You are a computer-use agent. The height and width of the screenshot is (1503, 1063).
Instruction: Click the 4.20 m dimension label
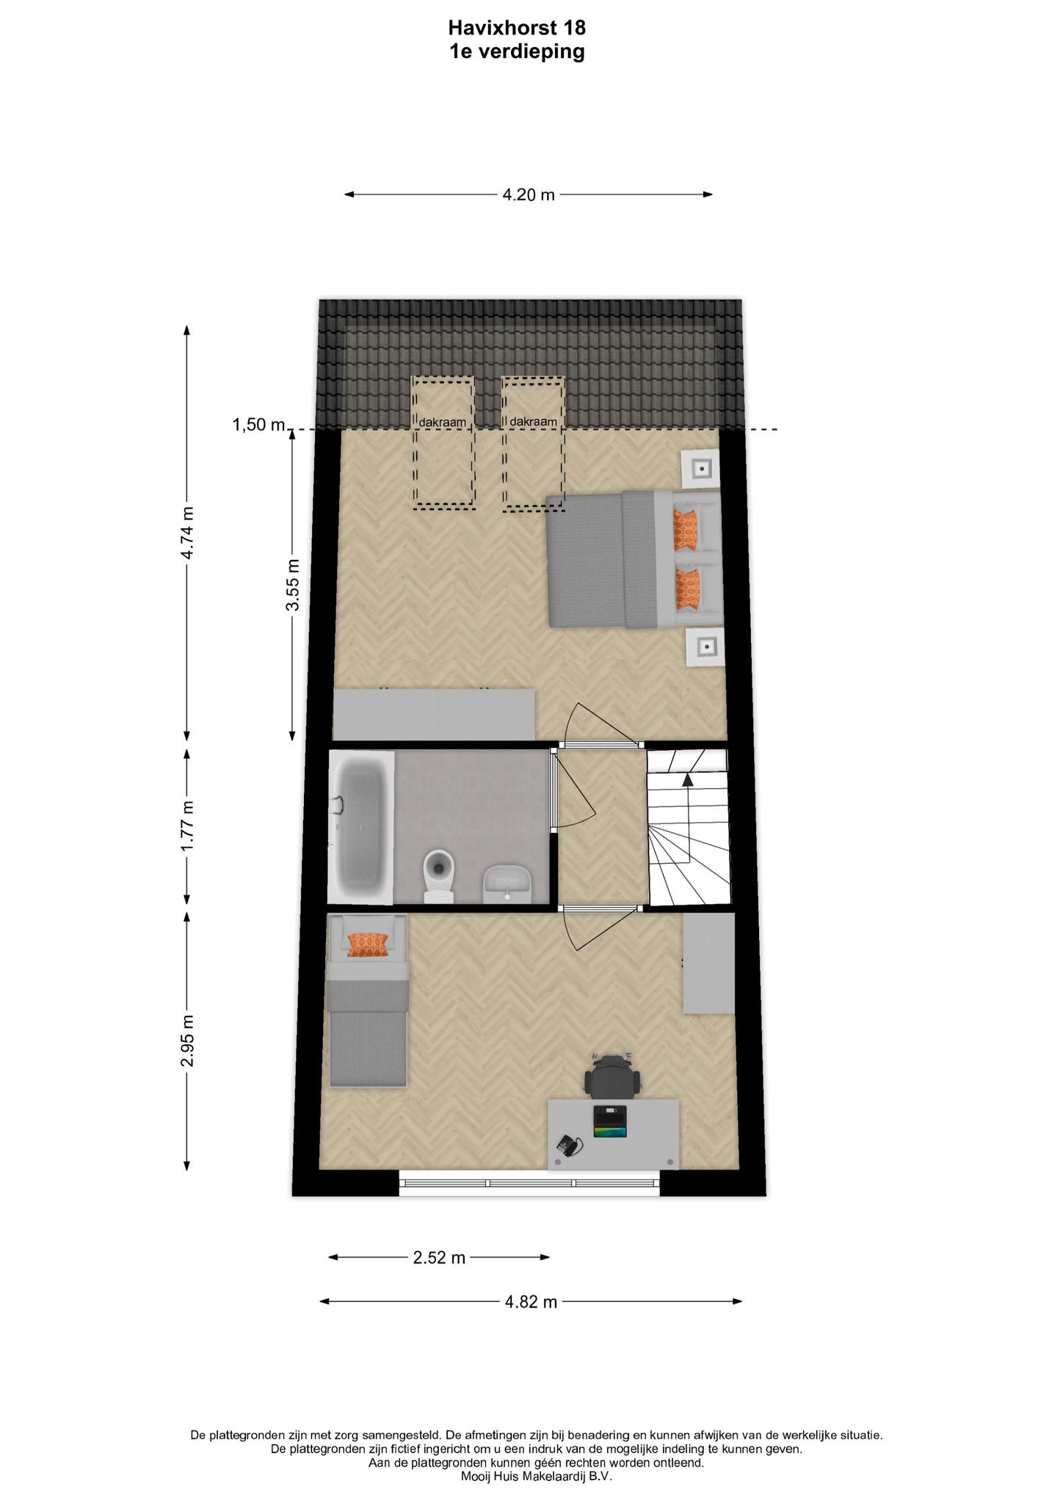tap(529, 195)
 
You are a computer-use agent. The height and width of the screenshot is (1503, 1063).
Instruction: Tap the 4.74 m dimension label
tap(187, 533)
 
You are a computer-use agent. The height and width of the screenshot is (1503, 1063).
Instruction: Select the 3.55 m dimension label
tap(293, 585)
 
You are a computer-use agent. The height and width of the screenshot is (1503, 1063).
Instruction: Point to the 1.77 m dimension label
tap(187, 826)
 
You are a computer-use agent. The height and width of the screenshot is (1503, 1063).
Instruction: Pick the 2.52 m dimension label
tap(440, 1258)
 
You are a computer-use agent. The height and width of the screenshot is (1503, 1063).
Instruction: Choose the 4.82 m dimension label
tap(531, 1302)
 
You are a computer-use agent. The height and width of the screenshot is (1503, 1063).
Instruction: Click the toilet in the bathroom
tap(439, 876)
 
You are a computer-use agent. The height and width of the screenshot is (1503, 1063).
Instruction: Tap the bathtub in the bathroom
tap(360, 826)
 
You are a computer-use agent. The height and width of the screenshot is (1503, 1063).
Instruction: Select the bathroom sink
tap(507, 884)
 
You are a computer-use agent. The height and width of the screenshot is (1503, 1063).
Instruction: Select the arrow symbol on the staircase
tap(688, 779)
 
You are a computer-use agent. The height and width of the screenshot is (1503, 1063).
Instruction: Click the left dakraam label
tap(442, 423)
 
